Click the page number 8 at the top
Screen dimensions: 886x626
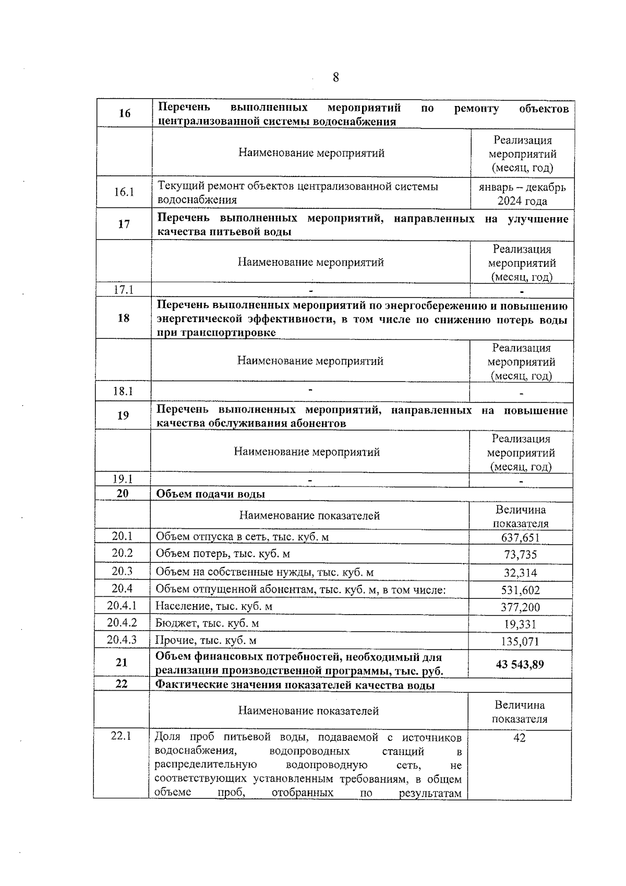click(x=335, y=77)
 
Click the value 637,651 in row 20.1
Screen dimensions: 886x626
click(x=520, y=537)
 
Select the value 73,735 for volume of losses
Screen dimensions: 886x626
click(x=520, y=554)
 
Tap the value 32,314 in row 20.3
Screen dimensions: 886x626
click(x=520, y=572)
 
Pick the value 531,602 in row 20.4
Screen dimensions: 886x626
click(x=520, y=590)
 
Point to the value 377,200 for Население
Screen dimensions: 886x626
click(x=520, y=607)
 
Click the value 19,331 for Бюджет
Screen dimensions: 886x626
click(x=520, y=624)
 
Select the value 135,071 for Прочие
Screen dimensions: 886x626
click(x=520, y=641)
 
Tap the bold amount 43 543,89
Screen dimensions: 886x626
click(x=520, y=664)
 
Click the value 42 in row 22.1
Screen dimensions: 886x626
click(x=519, y=738)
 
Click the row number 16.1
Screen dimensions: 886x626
click(x=124, y=192)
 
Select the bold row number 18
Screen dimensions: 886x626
click(x=124, y=318)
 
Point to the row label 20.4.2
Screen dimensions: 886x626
click(x=122, y=622)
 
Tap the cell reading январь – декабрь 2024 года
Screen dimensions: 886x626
click(x=522, y=194)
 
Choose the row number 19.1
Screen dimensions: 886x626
click(x=123, y=479)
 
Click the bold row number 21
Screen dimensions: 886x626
click(x=122, y=662)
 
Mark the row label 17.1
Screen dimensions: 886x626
click(x=124, y=290)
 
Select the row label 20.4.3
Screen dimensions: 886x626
click(x=122, y=640)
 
